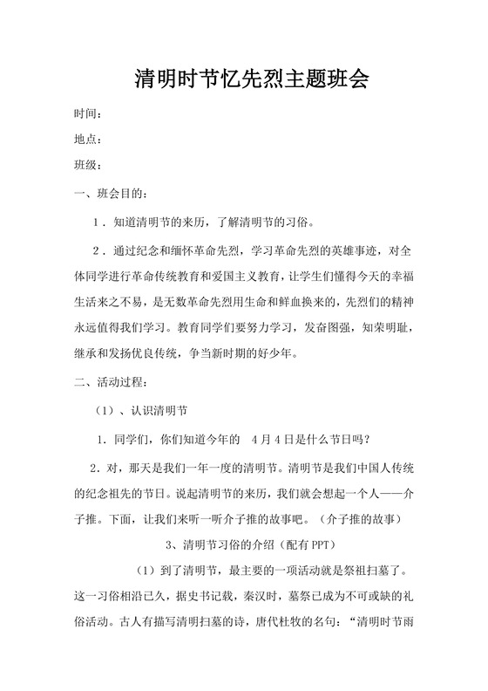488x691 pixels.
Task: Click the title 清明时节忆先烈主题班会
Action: pyautogui.click(x=252, y=80)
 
